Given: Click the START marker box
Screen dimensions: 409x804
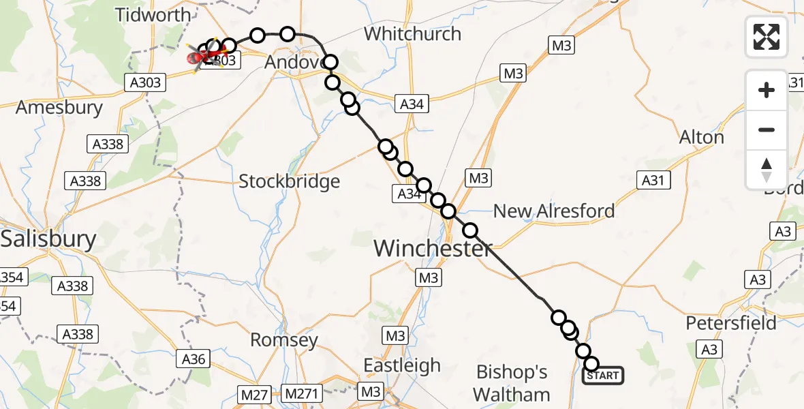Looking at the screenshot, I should (603, 376).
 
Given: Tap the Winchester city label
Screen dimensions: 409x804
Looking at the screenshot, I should (433, 249).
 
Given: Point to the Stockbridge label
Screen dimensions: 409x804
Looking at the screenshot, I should (289, 181).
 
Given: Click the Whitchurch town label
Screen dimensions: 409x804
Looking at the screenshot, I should (412, 33).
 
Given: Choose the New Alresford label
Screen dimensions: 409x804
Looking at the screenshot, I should (553, 211).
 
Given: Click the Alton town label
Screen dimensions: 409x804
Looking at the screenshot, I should (701, 137).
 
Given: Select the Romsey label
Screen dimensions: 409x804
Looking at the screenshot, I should (284, 339).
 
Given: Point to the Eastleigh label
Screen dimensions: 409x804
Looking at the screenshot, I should (401, 365).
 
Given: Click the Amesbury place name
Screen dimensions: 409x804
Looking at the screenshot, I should (59, 107).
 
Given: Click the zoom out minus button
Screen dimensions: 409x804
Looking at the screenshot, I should (767, 130).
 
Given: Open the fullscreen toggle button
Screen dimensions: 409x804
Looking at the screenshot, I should (767, 37).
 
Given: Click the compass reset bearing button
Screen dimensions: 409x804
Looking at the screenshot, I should (767, 170).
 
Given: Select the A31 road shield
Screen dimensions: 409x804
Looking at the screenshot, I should (652, 180).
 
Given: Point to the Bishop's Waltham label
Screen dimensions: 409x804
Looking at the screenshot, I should (512, 383).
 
